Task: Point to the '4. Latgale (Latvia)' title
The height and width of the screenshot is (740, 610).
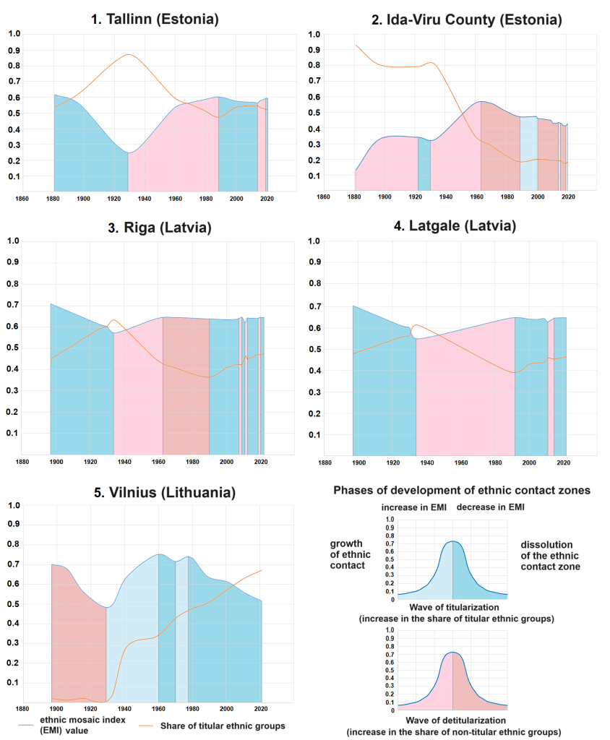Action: [x=458, y=226]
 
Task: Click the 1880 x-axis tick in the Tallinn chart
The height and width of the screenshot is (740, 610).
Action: [x=53, y=198]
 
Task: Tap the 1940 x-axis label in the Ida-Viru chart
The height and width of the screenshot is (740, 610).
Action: [x=446, y=197]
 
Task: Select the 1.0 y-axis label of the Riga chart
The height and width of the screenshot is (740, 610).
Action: [x=12, y=241]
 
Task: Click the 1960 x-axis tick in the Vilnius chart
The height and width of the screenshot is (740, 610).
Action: [x=158, y=708]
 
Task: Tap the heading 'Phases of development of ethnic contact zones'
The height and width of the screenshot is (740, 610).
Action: [x=462, y=491]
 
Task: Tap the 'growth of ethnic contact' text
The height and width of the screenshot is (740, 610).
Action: [x=351, y=554]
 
